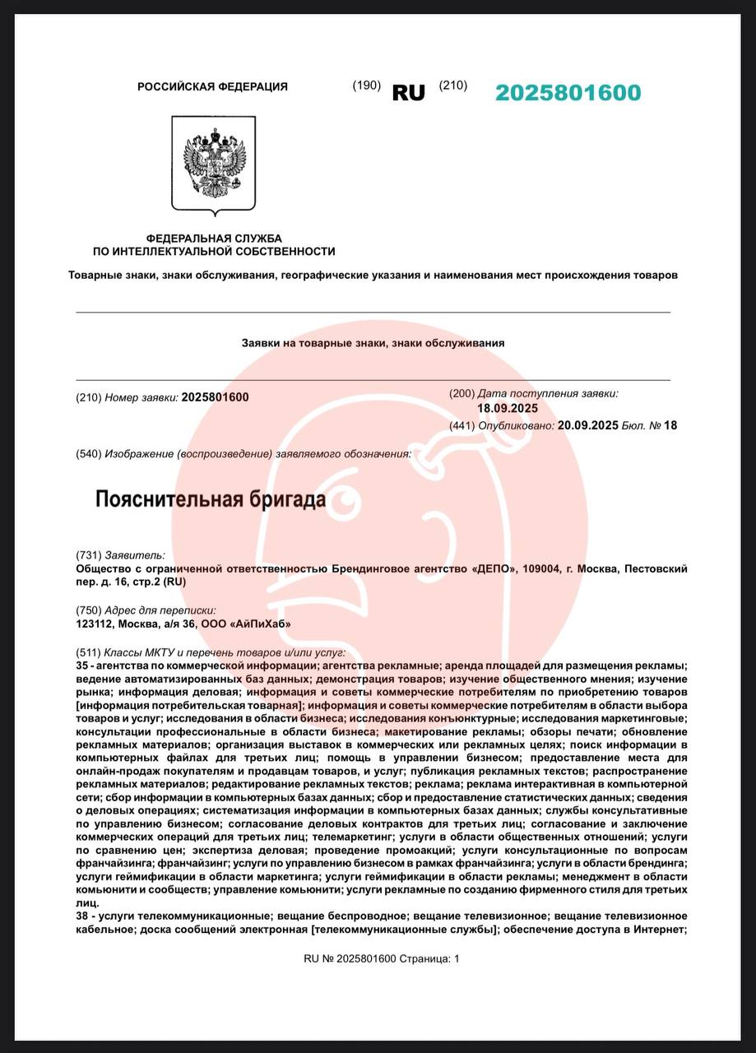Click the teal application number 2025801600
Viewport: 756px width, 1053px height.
[x=568, y=93]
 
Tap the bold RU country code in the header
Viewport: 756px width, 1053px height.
[x=408, y=93]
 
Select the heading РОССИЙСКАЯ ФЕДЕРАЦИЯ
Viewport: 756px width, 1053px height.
[x=212, y=86]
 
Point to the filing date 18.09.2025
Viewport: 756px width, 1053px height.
[x=508, y=408]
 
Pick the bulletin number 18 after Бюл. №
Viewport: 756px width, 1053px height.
[x=670, y=425]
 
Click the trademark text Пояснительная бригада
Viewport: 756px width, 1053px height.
[x=211, y=499]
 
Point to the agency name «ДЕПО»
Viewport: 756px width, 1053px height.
[x=499, y=568]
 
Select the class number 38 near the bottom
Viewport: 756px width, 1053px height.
[x=81, y=916]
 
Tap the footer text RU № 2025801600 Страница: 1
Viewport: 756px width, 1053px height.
[x=382, y=958]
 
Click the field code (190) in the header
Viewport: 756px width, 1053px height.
[x=366, y=86]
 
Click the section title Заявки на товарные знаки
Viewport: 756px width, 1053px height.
[x=372, y=343]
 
